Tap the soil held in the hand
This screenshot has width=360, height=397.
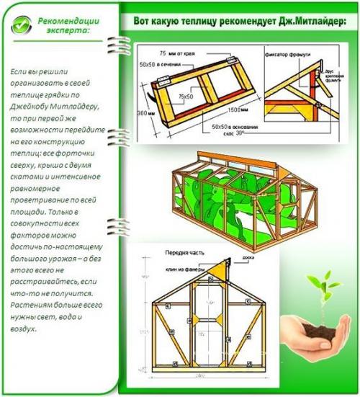[318, 328]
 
